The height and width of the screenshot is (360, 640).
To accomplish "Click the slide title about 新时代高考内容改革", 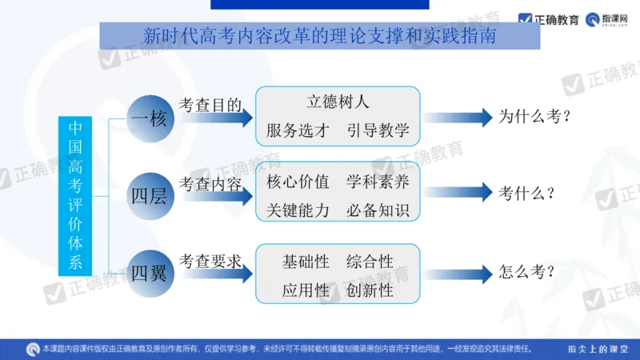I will click(x=319, y=36).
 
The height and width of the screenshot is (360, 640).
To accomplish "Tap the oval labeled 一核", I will click(x=149, y=119).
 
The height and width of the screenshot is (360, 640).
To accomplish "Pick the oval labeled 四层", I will click(x=149, y=195).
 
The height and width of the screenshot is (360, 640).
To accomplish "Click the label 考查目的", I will click(x=210, y=105).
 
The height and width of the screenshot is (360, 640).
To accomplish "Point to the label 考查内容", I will click(x=210, y=183).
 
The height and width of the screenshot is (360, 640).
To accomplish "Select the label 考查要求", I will click(x=210, y=260).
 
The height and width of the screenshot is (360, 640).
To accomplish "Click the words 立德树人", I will click(x=338, y=102).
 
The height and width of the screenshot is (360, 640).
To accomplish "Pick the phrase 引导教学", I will click(x=378, y=130).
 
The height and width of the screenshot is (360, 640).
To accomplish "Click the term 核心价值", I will click(x=298, y=182).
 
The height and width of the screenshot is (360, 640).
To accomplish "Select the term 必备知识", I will click(x=378, y=210).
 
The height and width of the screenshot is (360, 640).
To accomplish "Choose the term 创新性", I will click(x=370, y=290).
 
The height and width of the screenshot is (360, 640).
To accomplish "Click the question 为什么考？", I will click(x=534, y=117).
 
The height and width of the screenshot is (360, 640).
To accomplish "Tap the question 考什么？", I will click(x=526, y=193).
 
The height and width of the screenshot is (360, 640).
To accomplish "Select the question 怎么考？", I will click(x=526, y=271).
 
